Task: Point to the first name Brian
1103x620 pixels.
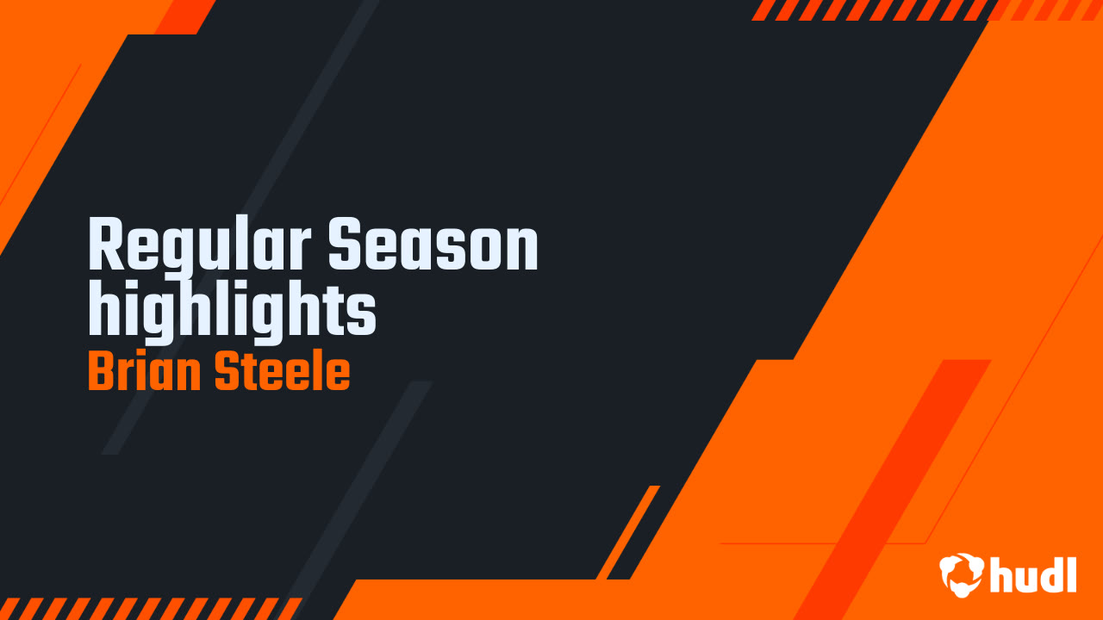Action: click(144, 372)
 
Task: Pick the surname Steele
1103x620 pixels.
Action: click(282, 372)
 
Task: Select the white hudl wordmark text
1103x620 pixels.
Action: click(1034, 574)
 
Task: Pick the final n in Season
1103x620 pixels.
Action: click(520, 250)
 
